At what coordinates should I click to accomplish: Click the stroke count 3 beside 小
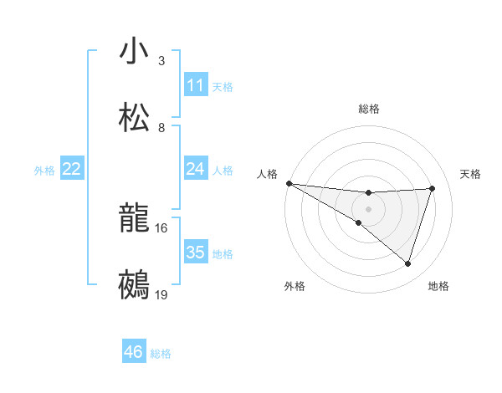pos(161,61)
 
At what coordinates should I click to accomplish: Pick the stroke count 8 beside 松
pos(161,128)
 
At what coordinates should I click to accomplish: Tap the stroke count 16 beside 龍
pos(161,227)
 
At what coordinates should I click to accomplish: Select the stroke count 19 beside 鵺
pos(161,294)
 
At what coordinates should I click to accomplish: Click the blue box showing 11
pos(196,85)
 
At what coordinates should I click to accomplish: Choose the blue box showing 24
pos(196,169)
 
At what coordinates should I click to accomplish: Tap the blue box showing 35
pos(196,253)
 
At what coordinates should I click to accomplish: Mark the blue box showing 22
pos(72,169)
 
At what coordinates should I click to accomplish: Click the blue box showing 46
pos(134,352)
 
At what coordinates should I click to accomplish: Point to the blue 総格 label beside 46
pos(161,354)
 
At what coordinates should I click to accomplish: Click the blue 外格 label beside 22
pos(44,171)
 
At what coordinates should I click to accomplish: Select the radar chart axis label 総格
pos(369,109)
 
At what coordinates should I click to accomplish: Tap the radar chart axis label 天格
pos(471,174)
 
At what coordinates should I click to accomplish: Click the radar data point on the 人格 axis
pos(289,182)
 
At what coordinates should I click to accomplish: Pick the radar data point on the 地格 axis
pos(408,264)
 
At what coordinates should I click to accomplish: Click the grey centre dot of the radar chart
pos(369,208)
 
